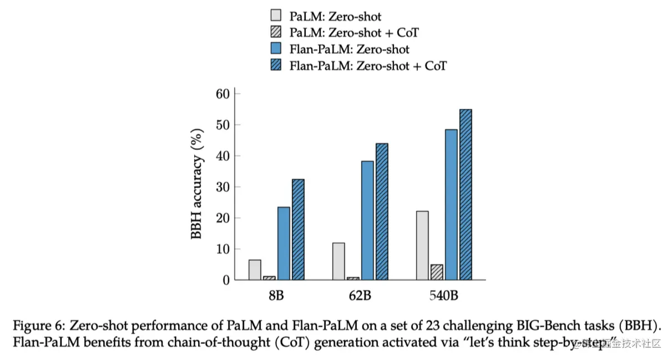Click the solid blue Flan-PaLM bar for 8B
(284, 244)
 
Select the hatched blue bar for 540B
(465, 195)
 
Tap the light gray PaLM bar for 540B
(422, 245)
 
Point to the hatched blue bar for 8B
(298, 230)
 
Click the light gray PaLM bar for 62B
(338, 261)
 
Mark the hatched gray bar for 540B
(436, 272)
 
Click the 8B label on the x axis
(276, 295)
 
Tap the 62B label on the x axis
(360, 295)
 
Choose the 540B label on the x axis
(443, 295)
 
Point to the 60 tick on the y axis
(223, 94)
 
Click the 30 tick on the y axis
(223, 187)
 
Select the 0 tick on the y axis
(226, 280)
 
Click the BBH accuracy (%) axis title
(197, 187)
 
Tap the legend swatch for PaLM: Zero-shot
(275, 16)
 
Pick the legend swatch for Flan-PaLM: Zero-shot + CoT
(275, 65)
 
